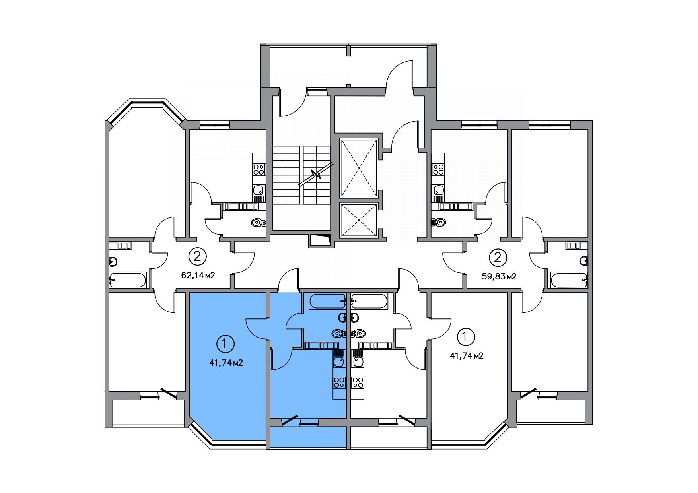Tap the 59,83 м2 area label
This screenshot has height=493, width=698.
click(x=499, y=276)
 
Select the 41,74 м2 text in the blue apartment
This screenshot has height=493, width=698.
click(x=226, y=363)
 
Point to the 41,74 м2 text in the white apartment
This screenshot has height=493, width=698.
click(x=467, y=356)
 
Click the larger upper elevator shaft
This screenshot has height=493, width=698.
click(x=359, y=168)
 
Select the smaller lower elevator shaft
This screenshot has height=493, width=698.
click(x=359, y=220)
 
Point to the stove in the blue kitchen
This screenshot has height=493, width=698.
click(x=339, y=383)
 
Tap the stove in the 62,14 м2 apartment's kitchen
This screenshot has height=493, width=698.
click(x=259, y=170)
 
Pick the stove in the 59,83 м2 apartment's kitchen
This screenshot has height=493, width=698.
click(x=438, y=170)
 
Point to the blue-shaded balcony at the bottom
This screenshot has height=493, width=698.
click(x=308, y=437)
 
